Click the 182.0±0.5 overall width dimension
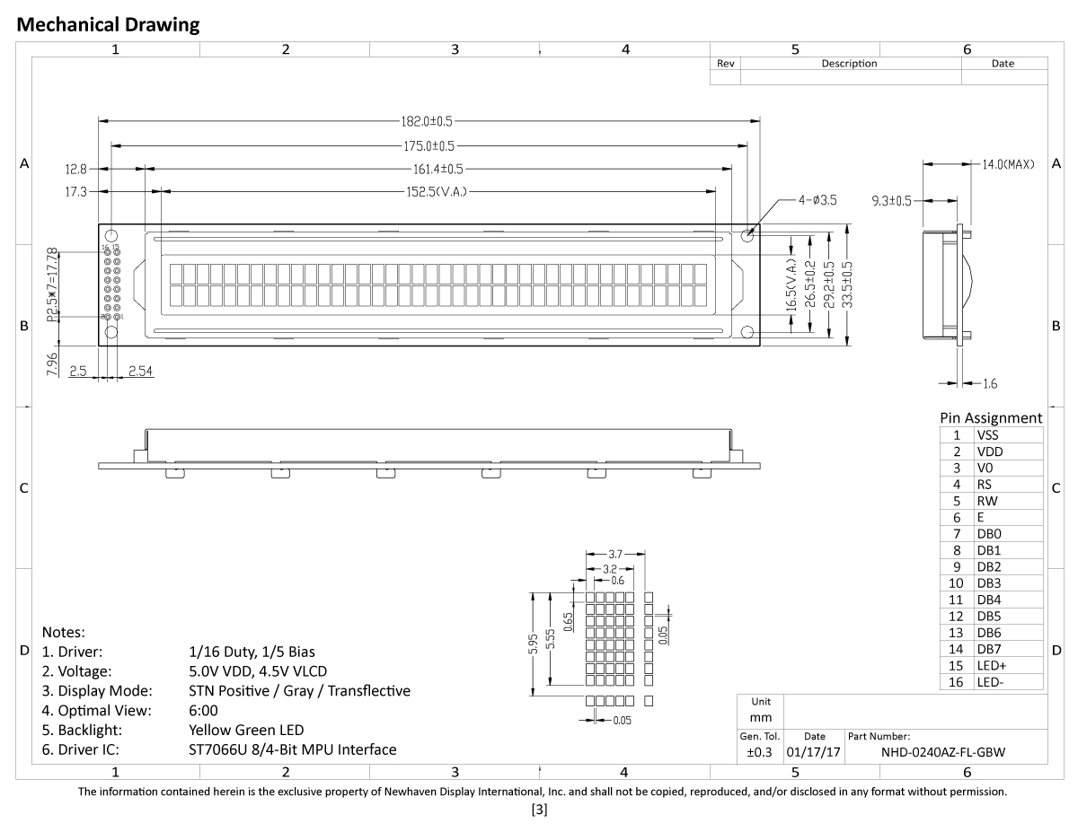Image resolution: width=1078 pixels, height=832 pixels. (427, 121)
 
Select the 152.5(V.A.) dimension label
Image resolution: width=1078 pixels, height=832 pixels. (438, 191)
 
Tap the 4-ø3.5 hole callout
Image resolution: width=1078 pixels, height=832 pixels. (817, 200)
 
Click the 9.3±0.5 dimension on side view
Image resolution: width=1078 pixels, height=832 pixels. (889, 201)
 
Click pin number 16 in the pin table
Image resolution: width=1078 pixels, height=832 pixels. (957, 682)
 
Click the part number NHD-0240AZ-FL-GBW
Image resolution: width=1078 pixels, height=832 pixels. (942, 752)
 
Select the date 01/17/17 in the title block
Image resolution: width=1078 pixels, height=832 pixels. (813, 752)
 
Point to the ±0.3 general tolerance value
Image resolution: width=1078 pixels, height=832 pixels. (759, 752)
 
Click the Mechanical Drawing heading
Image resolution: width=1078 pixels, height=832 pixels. (108, 25)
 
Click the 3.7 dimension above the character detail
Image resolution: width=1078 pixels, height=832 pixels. (614, 555)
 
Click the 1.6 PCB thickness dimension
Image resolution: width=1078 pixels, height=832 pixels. (989, 384)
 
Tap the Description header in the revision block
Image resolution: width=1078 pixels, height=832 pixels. (849, 64)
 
